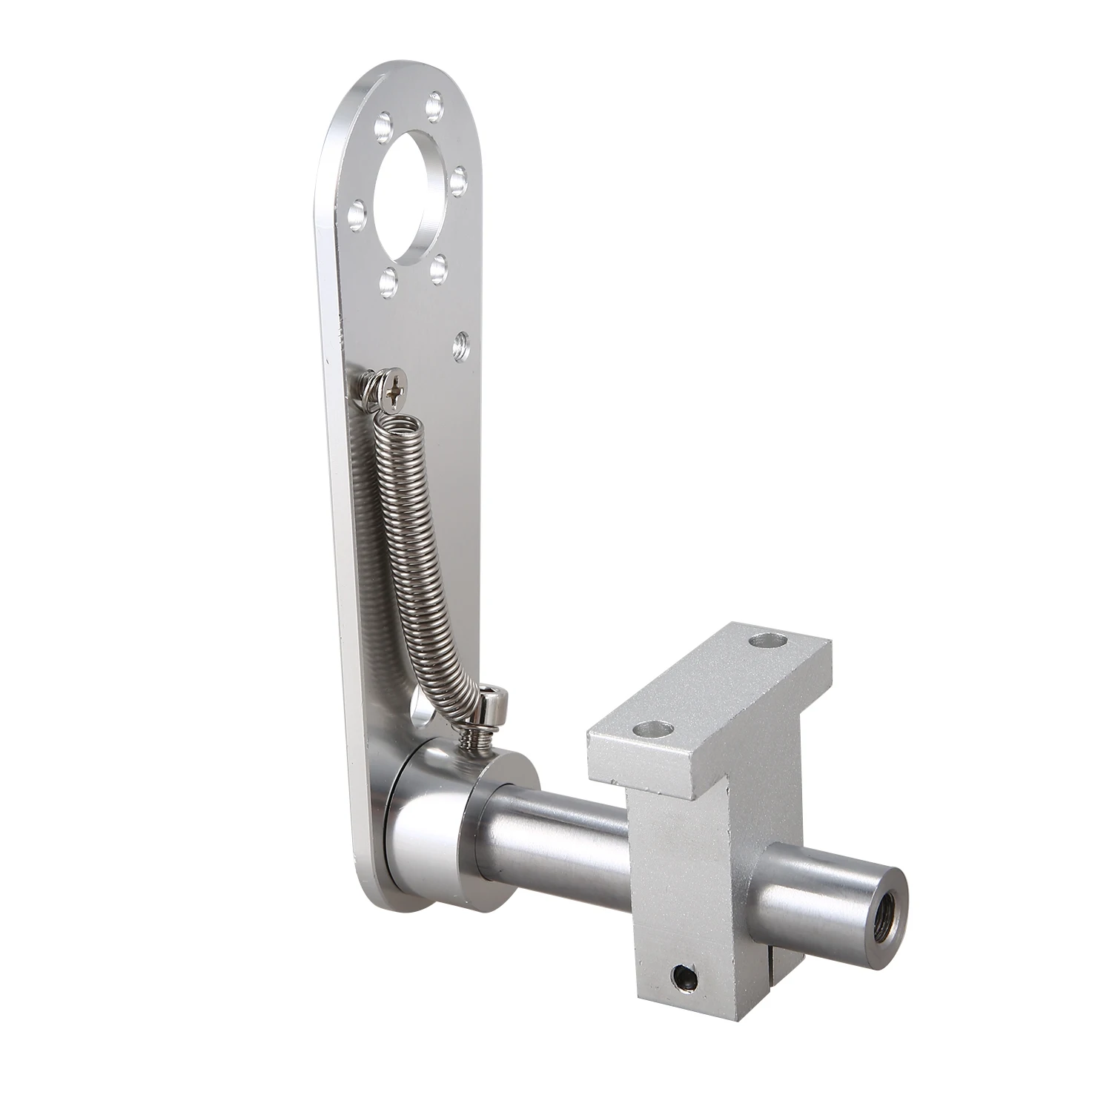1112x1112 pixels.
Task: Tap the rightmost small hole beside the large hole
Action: [459, 178]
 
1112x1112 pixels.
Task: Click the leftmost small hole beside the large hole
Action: [357, 209]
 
